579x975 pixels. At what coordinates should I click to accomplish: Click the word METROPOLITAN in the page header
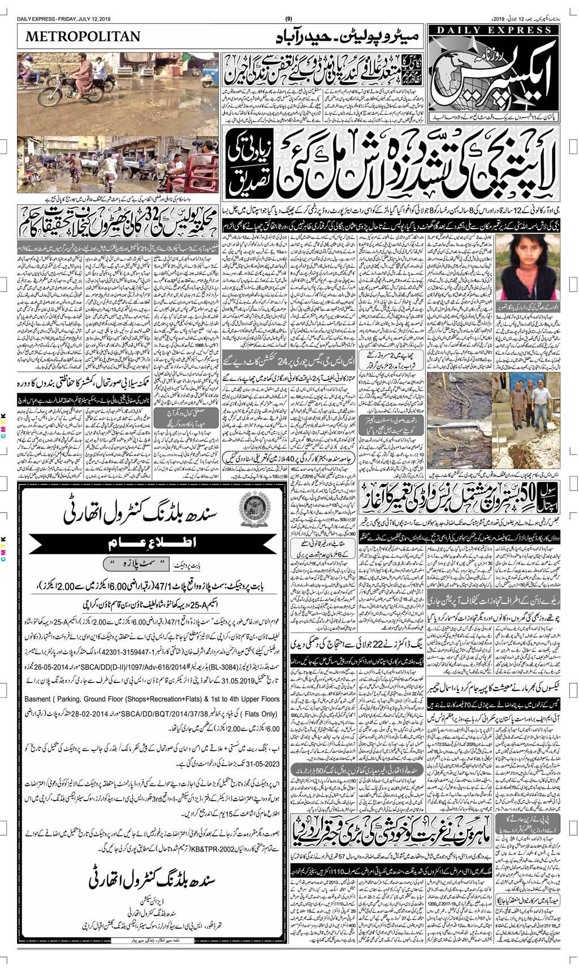[x=83, y=36]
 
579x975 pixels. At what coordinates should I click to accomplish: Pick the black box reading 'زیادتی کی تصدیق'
[x=243, y=169]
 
